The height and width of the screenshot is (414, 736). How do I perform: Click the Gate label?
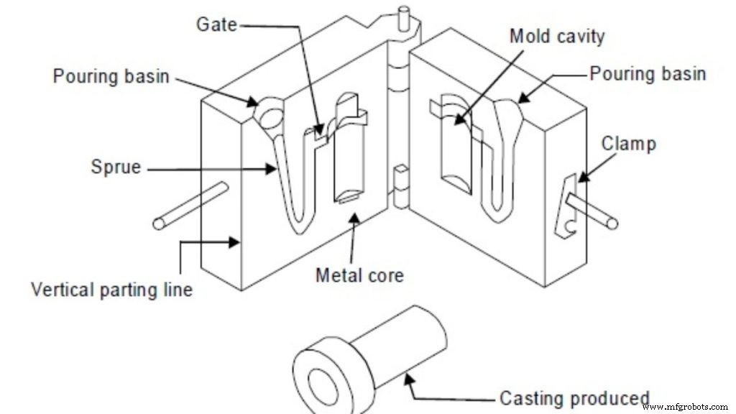tap(216, 24)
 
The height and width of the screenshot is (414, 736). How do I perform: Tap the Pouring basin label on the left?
tap(111, 76)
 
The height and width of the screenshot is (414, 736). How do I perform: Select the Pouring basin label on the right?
tap(648, 73)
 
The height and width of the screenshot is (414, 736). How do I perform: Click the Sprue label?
tap(116, 168)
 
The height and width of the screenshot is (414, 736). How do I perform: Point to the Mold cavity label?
tap(557, 35)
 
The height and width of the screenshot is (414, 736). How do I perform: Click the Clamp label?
tap(630, 143)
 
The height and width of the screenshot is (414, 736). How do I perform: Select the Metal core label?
tap(359, 275)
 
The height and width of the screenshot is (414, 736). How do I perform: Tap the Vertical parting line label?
tap(111, 290)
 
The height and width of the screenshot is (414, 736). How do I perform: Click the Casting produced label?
tap(574, 398)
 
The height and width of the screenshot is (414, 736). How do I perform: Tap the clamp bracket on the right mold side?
tap(567, 208)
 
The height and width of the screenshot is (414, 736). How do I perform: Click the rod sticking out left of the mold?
tap(190, 206)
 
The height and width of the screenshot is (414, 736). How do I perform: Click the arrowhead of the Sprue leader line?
tap(274, 170)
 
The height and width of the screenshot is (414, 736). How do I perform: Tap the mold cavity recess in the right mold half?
tap(455, 147)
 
